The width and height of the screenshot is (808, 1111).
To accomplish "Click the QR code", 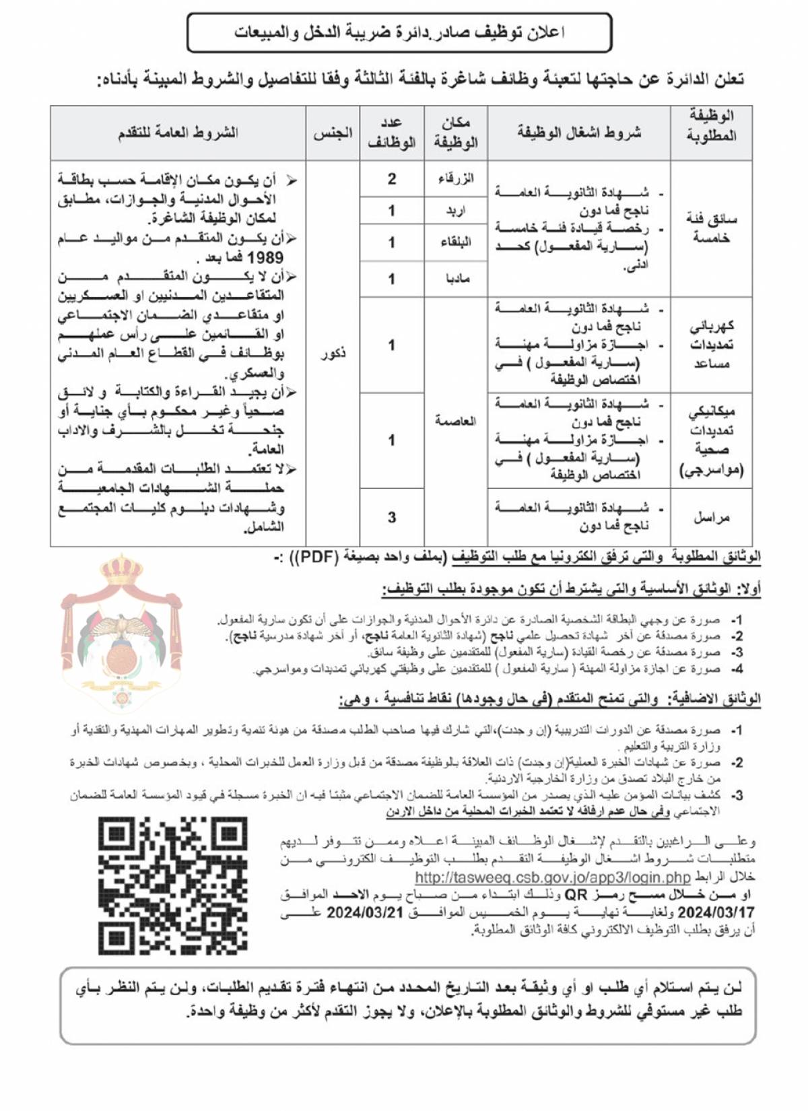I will [x=173, y=885].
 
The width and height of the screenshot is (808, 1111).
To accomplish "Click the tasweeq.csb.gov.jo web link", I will [x=552, y=877].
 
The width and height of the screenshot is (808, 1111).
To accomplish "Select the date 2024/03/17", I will [x=716, y=912].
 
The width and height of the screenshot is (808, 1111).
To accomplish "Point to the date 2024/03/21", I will [x=364, y=912].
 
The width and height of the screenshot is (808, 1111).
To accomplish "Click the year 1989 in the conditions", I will [x=265, y=257].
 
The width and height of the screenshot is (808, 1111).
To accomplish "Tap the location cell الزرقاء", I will [x=456, y=178].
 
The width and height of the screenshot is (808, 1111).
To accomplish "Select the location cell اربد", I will [x=456, y=211].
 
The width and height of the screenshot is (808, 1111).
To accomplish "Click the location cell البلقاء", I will [x=456, y=242].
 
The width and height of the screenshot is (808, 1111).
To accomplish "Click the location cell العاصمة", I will [x=456, y=421].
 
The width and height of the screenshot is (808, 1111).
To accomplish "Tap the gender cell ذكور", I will [x=333, y=353].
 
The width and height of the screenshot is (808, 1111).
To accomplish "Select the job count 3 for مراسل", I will [x=392, y=517].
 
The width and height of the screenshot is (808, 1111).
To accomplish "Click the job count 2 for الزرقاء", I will [x=392, y=178].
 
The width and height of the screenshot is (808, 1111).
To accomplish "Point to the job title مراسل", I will [x=711, y=517].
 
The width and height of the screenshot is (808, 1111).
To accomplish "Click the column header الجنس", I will [x=333, y=133].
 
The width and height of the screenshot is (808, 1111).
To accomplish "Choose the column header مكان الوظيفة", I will [x=456, y=133].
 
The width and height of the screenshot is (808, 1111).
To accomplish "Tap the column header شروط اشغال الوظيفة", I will [x=579, y=133].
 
